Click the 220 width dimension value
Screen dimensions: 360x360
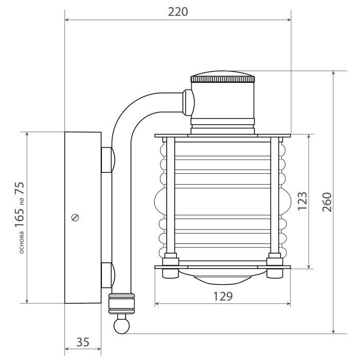point(178,12)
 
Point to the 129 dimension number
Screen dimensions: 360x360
point(223,296)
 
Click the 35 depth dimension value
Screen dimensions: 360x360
point(83,342)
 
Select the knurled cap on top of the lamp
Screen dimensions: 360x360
point(223,78)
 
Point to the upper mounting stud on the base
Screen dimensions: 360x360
point(107,159)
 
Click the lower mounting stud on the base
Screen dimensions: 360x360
point(107,276)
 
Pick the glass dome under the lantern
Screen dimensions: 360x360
point(223,277)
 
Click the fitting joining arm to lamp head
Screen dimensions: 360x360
point(188,101)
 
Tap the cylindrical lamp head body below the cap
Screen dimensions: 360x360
point(223,101)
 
